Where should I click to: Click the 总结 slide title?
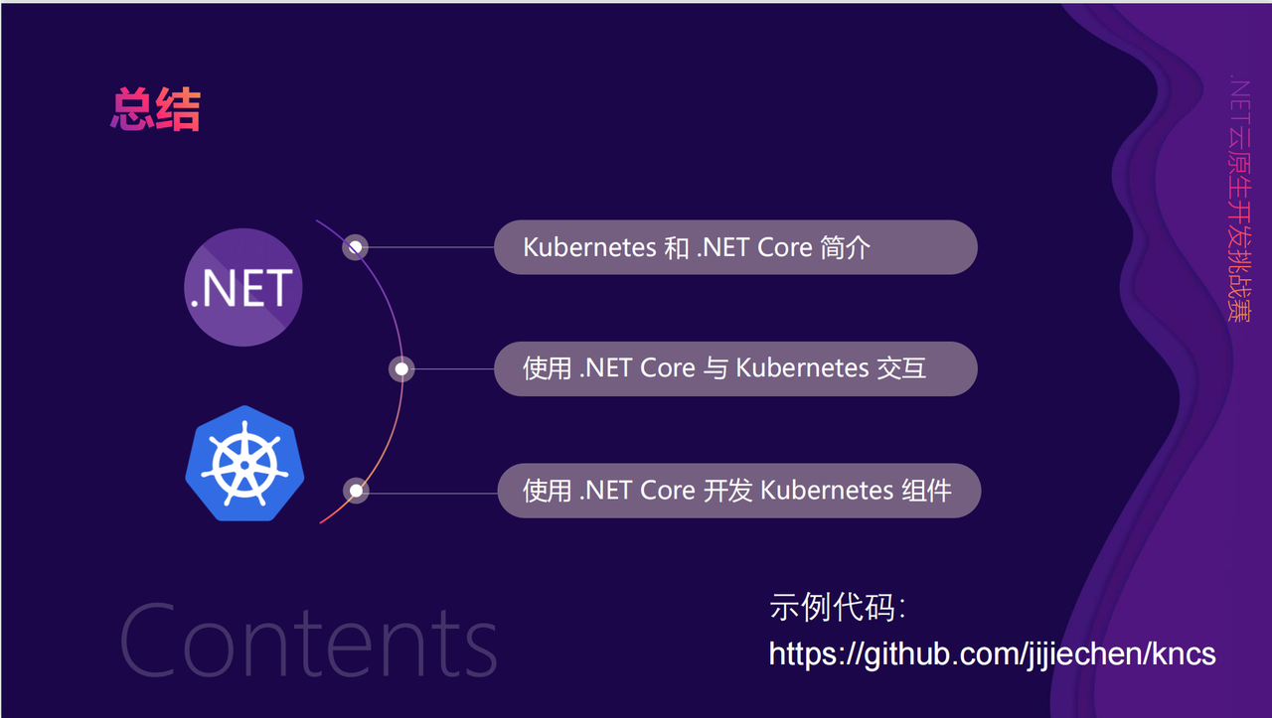point(155,109)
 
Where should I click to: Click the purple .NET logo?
point(243,287)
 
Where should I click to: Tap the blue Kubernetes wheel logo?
point(244,463)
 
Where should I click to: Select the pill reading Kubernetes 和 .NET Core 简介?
point(735,247)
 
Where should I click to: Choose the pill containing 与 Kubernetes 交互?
point(735,368)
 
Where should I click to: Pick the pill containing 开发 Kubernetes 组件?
point(738,491)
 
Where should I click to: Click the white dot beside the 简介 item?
point(356,246)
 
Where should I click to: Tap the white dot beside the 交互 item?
point(401,369)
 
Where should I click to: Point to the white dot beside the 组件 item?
point(356,491)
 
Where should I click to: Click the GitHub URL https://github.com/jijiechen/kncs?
point(992,653)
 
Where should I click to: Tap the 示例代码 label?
point(837,608)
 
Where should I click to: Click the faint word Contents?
point(308,641)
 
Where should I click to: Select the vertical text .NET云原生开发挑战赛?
point(1239,199)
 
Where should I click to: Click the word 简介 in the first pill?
point(846,247)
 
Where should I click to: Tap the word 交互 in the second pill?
point(901,368)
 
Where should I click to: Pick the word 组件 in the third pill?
point(927,491)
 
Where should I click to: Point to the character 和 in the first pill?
point(677,247)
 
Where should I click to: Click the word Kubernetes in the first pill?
point(589,247)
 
